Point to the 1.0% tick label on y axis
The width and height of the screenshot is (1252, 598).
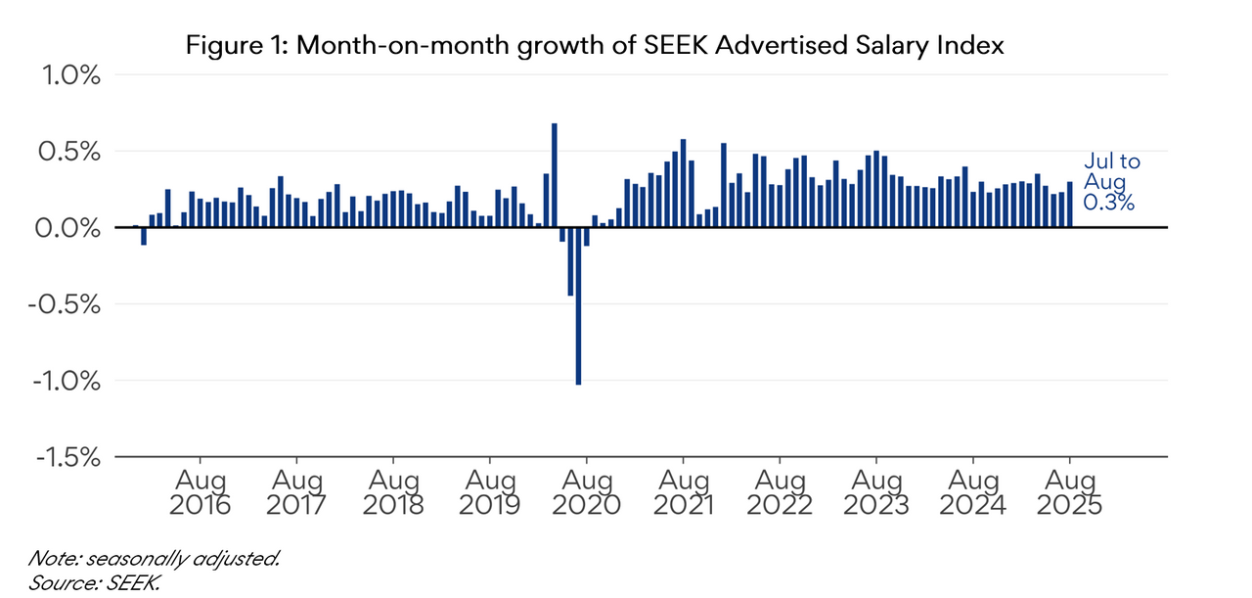(69, 75)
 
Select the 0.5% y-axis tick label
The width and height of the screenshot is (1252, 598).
(69, 152)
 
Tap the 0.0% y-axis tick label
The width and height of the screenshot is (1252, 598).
(69, 228)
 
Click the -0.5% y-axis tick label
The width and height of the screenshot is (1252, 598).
(65, 304)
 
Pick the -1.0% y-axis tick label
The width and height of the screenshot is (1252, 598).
(65, 381)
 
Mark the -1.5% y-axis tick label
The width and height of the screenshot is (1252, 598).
(65, 457)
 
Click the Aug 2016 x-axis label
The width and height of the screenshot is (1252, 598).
(201, 493)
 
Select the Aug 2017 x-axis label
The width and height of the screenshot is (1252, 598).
(297, 493)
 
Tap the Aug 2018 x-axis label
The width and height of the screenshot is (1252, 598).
(393, 493)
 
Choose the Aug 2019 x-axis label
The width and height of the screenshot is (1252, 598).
(490, 493)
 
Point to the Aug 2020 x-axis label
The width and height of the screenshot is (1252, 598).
(587, 493)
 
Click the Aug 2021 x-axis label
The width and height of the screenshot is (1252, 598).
(683, 493)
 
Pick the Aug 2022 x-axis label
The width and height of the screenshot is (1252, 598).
(780, 493)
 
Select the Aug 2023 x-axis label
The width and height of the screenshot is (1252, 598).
(876, 493)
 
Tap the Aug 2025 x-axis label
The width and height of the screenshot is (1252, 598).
(1070, 493)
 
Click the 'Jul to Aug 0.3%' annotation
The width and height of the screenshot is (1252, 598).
(1111, 182)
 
